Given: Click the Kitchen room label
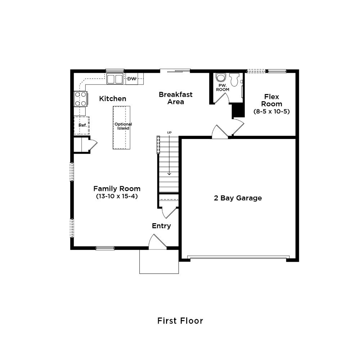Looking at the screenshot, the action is (x=112, y=99).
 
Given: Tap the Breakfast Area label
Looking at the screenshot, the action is (x=176, y=98).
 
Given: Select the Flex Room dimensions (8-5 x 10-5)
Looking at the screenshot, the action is (x=271, y=112).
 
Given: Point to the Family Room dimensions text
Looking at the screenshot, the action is (x=117, y=197).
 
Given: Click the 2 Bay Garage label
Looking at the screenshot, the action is (x=238, y=198).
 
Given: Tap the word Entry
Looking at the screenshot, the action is (x=161, y=226).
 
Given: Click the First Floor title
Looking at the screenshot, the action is (x=180, y=321).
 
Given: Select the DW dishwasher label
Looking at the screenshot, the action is (x=132, y=79).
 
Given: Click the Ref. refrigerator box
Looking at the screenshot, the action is (x=81, y=125).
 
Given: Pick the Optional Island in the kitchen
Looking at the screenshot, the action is (x=121, y=128).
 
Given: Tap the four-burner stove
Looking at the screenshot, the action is (x=81, y=99).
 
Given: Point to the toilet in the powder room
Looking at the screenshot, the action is (x=234, y=80).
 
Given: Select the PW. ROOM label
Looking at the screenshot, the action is (x=222, y=88).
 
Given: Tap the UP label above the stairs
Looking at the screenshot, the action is (x=169, y=133).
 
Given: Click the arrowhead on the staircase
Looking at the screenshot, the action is (x=169, y=174).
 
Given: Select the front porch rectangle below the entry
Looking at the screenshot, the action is (x=159, y=261).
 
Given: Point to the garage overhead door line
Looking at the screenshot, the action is (x=238, y=257).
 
